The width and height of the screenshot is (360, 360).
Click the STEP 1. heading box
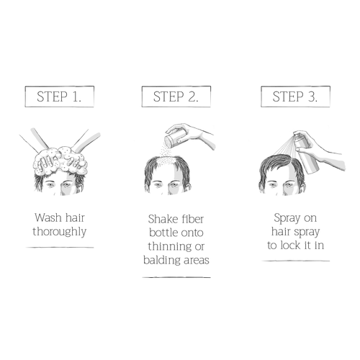pos(60,96)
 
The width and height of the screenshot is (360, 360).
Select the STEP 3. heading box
pos(295,96)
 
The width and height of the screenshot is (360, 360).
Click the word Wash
pos(48,217)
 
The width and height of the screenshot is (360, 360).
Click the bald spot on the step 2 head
pos(168,164)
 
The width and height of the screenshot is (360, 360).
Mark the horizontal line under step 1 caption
pos(60,248)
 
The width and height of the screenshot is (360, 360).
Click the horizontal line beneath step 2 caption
pos(176,277)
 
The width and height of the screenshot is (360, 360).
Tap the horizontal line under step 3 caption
pos(295,261)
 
